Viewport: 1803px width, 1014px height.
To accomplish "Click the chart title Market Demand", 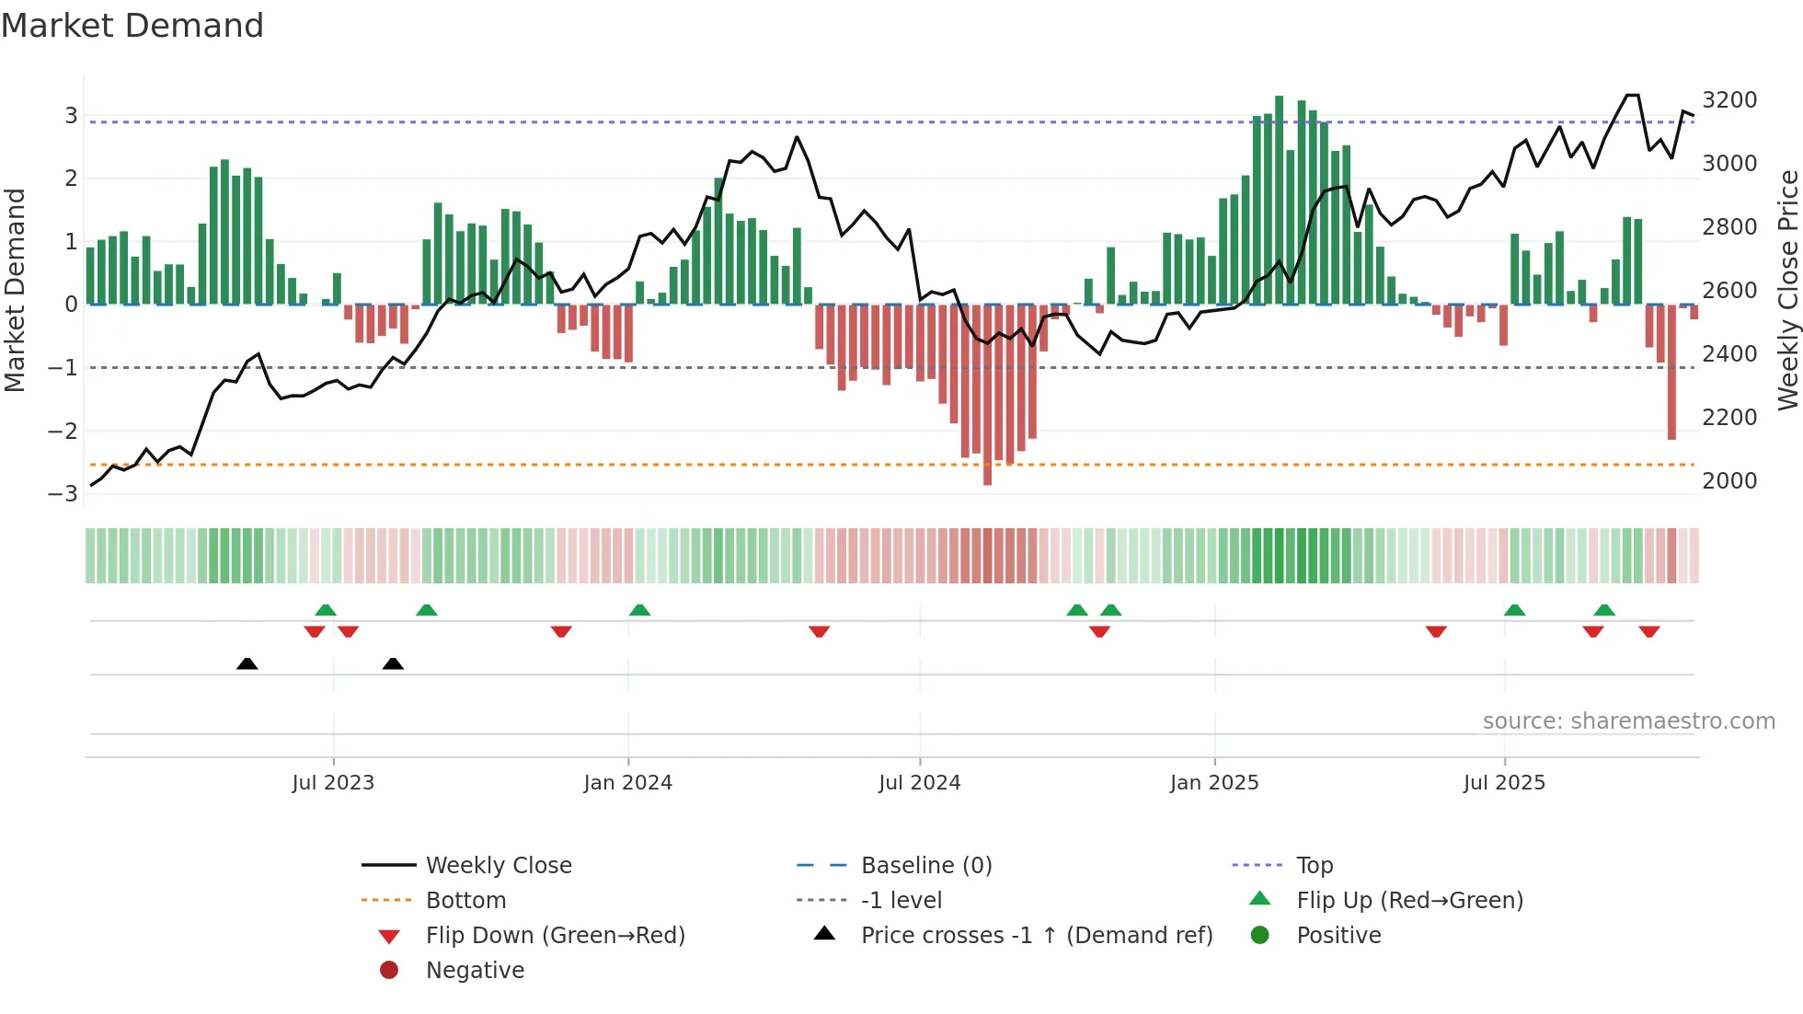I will [132, 26].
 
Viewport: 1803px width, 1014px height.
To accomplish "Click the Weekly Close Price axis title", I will [1787, 290].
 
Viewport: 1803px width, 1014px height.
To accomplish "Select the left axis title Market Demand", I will [15, 290].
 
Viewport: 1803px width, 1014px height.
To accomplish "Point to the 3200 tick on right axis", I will [1728, 99].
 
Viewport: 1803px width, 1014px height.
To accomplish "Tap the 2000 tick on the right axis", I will [1728, 480].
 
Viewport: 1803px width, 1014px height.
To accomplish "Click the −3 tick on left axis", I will [63, 493].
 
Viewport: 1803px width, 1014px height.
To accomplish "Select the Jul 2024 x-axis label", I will [919, 783].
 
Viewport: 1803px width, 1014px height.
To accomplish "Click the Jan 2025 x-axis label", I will [1214, 783].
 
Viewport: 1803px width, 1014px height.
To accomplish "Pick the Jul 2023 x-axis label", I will [333, 783].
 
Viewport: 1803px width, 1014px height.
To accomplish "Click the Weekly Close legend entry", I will [498, 865].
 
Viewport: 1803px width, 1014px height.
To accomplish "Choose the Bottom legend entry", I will [465, 900].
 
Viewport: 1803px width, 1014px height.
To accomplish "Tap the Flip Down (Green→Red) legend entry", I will [555, 935].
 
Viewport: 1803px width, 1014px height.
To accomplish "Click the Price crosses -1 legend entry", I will [1036, 935].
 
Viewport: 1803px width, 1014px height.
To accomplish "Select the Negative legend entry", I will [475, 970].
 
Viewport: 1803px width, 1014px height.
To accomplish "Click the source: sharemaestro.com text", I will [1628, 721].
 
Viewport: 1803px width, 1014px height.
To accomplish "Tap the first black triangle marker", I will [247, 663].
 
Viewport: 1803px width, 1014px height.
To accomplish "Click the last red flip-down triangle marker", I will [1648, 631].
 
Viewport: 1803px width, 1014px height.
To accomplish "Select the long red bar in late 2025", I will [1671, 372].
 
